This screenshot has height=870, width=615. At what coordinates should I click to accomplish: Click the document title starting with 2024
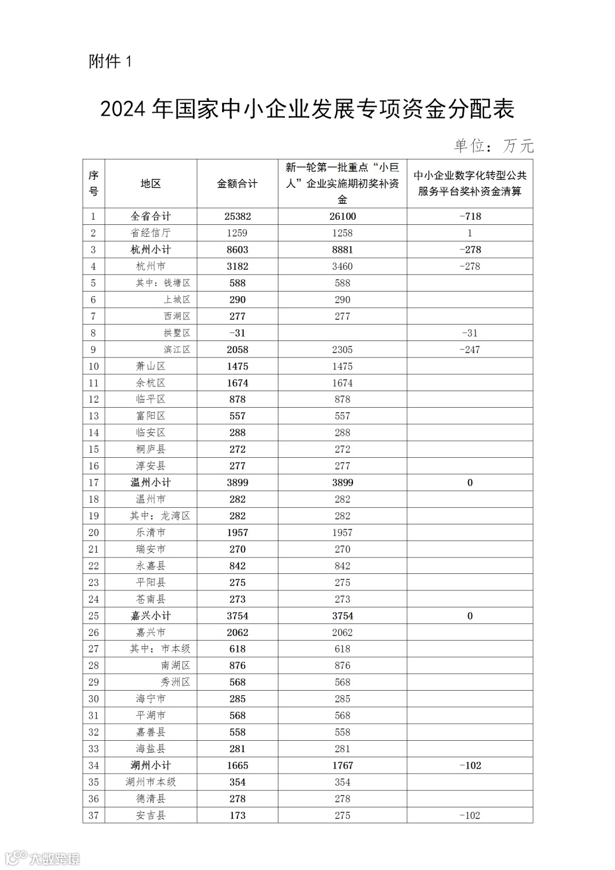(x=307, y=109)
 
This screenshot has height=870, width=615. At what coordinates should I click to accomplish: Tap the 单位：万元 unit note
(x=493, y=146)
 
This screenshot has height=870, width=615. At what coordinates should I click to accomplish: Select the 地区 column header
(x=151, y=183)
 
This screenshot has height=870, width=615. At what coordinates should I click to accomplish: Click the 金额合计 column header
(x=237, y=183)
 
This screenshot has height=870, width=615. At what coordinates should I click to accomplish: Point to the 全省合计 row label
(x=150, y=216)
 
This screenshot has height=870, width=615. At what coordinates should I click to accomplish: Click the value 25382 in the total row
(x=237, y=216)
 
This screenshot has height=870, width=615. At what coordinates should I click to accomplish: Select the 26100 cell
(x=342, y=216)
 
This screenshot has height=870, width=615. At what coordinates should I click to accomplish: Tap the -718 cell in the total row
(x=470, y=216)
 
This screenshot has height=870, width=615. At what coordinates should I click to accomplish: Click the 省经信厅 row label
(x=150, y=233)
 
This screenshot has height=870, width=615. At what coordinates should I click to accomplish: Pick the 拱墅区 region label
(x=177, y=333)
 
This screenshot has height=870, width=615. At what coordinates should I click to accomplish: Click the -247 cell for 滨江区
(x=470, y=350)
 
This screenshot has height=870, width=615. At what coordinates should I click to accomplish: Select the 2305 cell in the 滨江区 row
(x=342, y=350)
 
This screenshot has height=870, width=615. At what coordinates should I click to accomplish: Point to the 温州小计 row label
(x=150, y=483)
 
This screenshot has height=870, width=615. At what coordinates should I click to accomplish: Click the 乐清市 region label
(x=150, y=532)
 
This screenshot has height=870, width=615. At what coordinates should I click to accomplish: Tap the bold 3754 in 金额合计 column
(x=237, y=616)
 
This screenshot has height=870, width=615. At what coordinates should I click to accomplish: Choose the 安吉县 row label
(x=150, y=815)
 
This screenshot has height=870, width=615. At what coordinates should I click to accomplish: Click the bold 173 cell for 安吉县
(x=237, y=815)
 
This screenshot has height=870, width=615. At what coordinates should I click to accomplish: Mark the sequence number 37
(x=93, y=815)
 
